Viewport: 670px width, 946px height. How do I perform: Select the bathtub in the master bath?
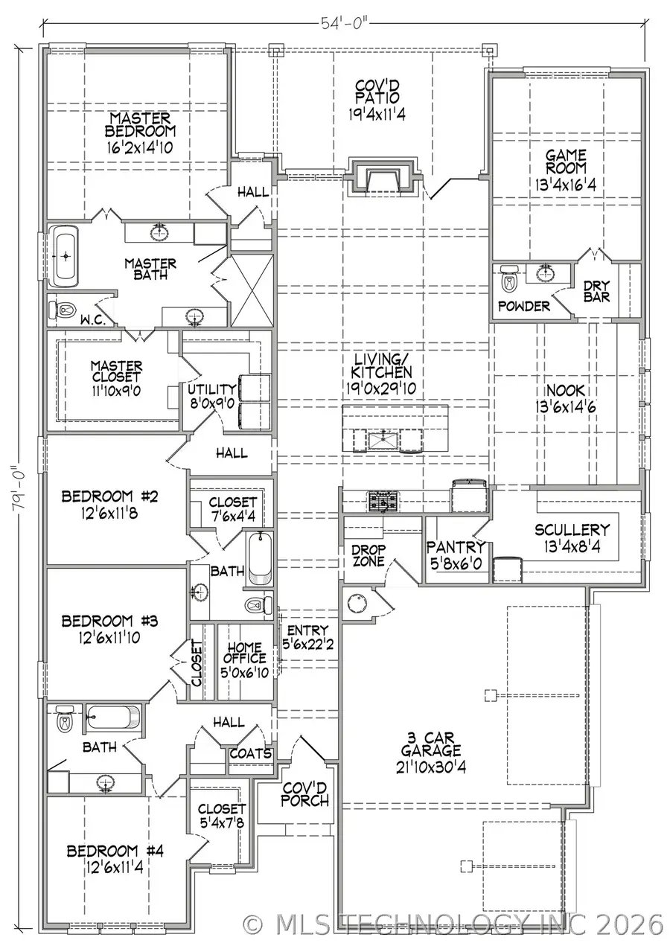[x=66, y=258]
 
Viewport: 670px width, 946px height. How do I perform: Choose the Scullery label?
[x=572, y=530]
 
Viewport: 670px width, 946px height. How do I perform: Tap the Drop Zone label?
[x=368, y=555]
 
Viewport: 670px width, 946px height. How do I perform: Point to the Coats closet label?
[x=249, y=753]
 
